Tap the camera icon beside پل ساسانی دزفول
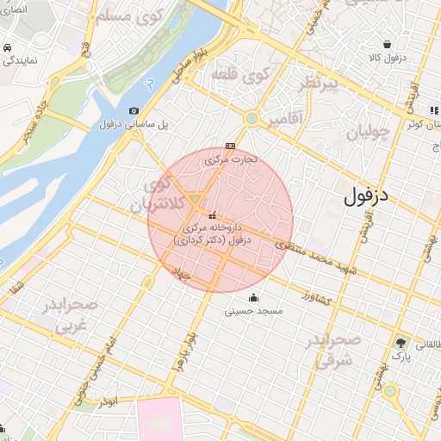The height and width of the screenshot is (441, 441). click(x=134, y=110)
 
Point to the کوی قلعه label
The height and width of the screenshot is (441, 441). click(x=245, y=76)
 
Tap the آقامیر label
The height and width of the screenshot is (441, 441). click(x=285, y=120)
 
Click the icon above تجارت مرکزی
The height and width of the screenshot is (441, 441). click(x=229, y=146)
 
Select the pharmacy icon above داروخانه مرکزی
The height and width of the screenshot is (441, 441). click(x=212, y=215)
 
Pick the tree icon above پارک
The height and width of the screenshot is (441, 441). click(x=401, y=342)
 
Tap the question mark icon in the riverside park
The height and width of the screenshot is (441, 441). click(x=151, y=86)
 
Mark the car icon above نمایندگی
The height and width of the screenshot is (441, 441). click(x=6, y=47)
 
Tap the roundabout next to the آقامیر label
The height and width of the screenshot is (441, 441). click(x=252, y=119)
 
